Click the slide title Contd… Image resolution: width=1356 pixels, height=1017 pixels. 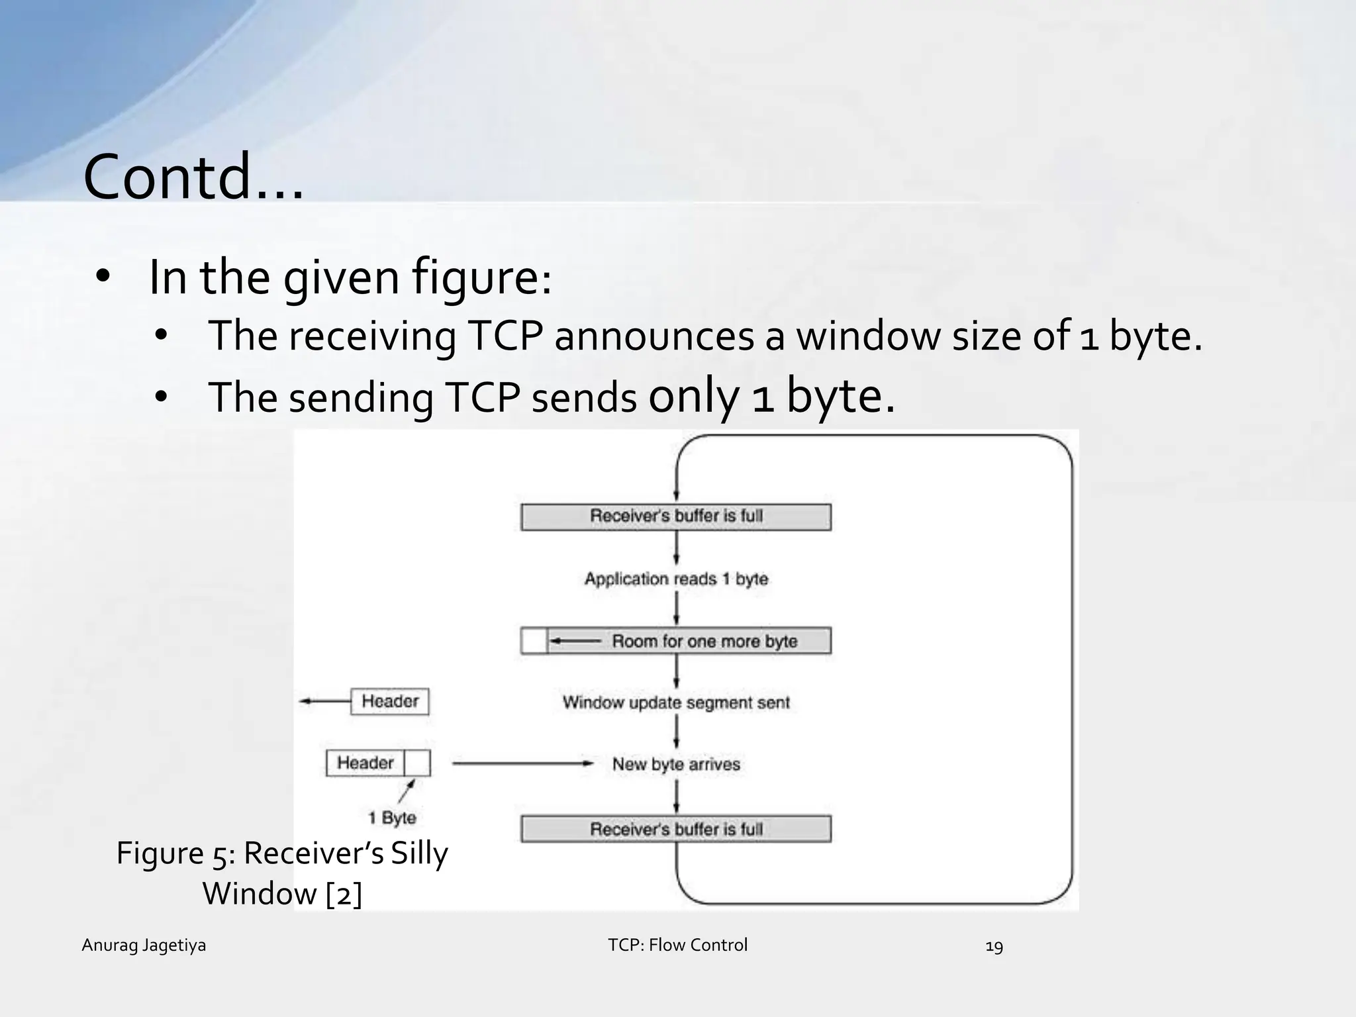[x=193, y=177]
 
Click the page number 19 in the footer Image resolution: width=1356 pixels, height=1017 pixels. [x=994, y=946]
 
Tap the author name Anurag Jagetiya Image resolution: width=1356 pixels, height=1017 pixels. [x=144, y=945]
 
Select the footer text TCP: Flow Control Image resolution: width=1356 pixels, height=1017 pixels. [x=677, y=945]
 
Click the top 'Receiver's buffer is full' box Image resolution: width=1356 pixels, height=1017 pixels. [x=676, y=516]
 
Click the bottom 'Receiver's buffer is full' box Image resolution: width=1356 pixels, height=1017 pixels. [x=676, y=829]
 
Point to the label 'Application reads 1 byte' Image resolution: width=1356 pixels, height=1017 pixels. [x=676, y=579]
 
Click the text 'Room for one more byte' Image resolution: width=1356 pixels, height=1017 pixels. [x=704, y=641]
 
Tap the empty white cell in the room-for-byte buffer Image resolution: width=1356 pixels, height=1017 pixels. [x=534, y=641]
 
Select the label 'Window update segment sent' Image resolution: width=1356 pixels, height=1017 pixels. [x=676, y=702]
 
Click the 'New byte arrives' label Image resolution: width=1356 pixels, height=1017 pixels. [x=676, y=764]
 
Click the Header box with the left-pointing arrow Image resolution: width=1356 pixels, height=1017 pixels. [x=390, y=701]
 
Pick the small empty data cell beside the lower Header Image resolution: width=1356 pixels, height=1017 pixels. [x=417, y=763]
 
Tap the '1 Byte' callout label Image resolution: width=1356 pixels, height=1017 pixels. [x=393, y=818]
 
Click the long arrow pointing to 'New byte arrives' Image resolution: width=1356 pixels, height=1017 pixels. [x=523, y=763]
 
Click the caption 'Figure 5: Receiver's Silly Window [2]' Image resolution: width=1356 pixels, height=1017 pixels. [x=282, y=873]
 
